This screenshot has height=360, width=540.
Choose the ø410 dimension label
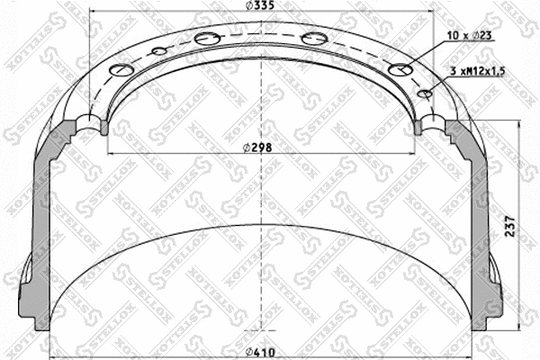pos(261,352)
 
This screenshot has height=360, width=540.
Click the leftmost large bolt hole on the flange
pos(120,71)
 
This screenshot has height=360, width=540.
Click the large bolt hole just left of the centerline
pos(206,38)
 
